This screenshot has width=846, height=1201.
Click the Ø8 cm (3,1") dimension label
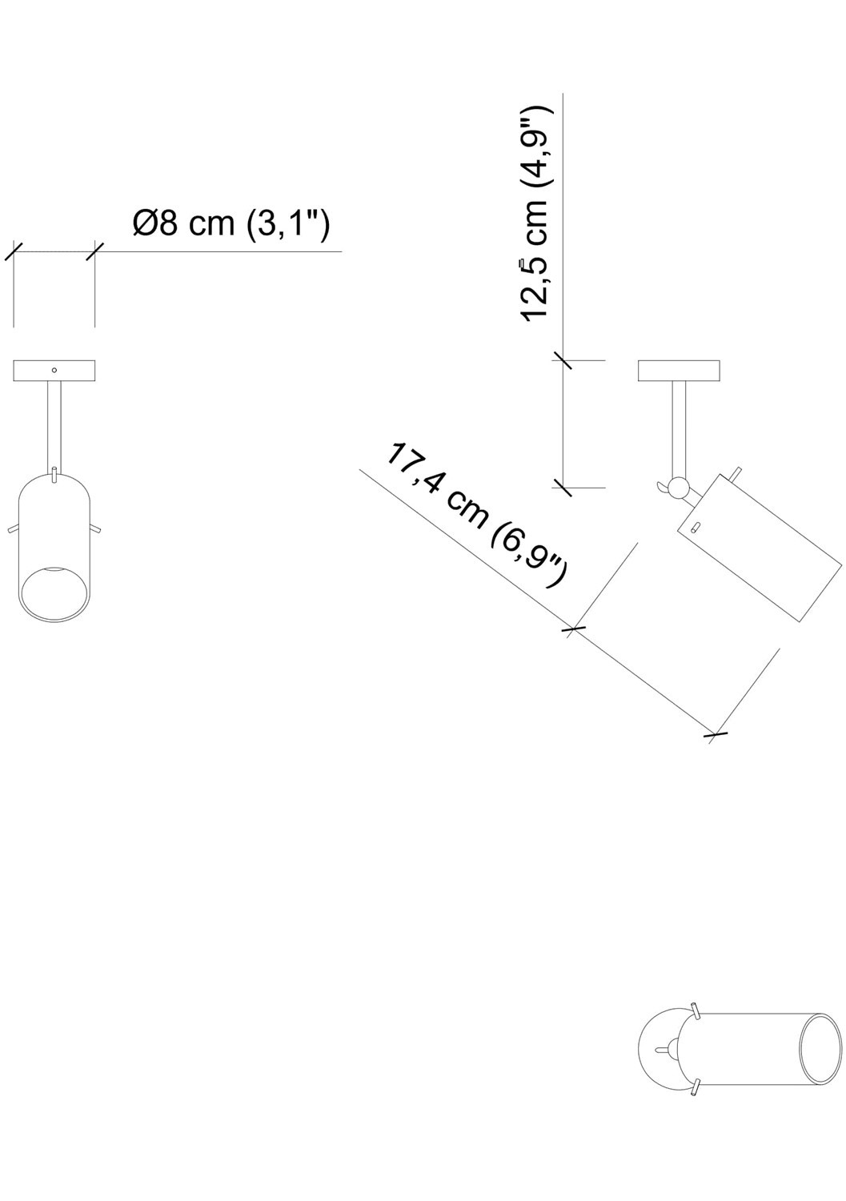231,224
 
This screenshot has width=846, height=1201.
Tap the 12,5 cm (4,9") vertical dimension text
535,212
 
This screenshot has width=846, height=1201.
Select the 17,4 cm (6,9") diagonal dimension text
477,515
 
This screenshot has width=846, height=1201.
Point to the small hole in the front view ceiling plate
54,370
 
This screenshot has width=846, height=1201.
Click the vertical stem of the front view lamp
55,424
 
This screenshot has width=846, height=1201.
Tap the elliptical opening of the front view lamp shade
53,593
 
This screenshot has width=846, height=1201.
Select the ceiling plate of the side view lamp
679,371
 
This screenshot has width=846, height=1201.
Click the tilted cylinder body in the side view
760,548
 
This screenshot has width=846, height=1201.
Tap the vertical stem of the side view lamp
679,428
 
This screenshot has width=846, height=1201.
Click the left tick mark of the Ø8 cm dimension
14,251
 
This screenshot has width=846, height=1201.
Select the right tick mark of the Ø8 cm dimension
95,251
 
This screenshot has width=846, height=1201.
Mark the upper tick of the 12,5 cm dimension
563,360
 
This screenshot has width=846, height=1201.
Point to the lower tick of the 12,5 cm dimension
563,487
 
